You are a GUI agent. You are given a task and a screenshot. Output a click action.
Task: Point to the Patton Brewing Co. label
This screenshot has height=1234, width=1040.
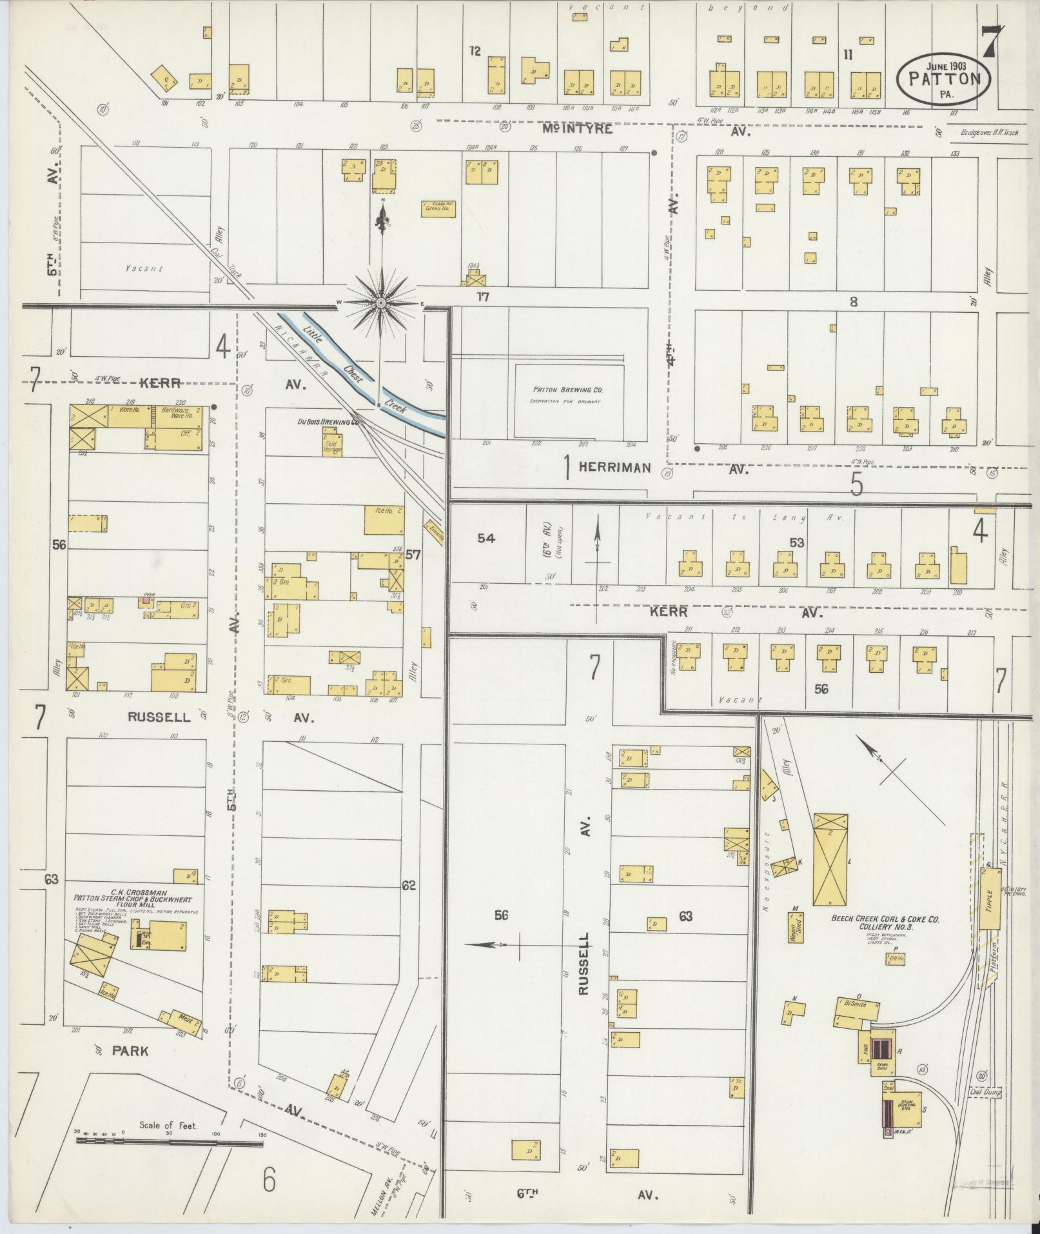pos(567,390)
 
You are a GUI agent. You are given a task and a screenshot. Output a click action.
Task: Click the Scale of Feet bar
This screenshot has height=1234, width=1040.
pos(169,1141)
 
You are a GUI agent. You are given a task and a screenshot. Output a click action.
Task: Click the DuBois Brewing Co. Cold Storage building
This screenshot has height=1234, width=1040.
pos(333,444)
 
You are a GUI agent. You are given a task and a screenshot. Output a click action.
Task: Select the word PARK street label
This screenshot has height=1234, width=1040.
pos(130,1051)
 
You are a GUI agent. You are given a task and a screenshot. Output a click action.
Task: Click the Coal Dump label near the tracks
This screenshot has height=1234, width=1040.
pos(985,1092)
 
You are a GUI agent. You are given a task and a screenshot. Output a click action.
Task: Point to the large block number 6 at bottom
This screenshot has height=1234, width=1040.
pos(269,1180)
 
